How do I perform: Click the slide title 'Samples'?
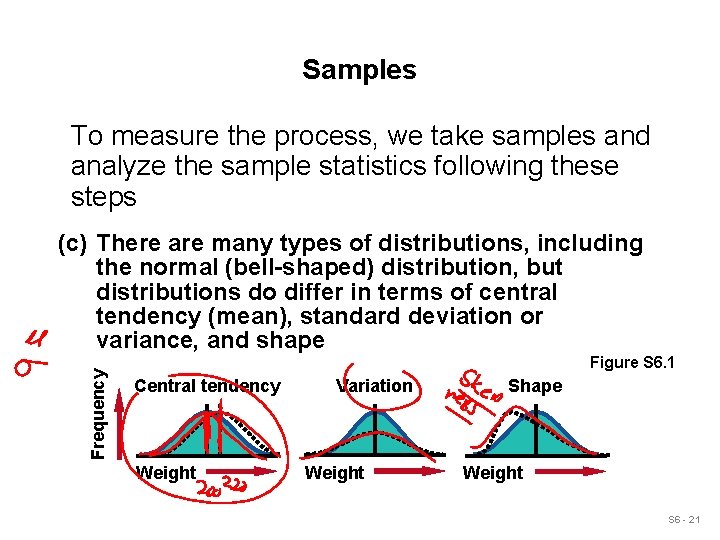359,70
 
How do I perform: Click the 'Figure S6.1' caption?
632,362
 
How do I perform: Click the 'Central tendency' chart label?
207,386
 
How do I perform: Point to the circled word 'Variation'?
375,386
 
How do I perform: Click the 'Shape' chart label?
535,386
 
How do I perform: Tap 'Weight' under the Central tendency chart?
166,473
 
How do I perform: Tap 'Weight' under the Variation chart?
334,473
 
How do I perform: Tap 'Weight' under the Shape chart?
492,473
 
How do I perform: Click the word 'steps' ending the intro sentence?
103,196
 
